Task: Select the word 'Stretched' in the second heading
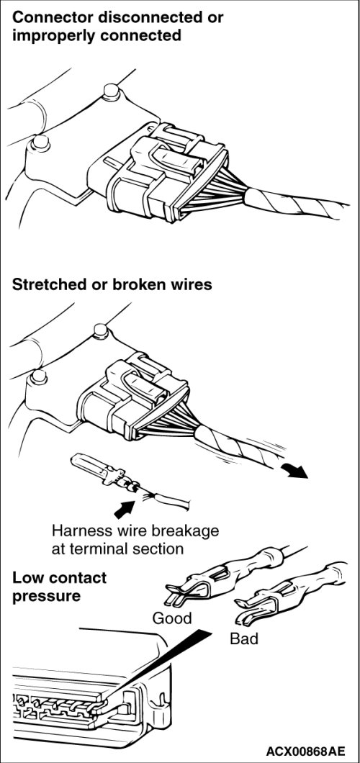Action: click(50, 284)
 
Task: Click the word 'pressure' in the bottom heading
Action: click(46, 596)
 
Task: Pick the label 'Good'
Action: click(172, 618)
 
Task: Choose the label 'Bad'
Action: click(244, 638)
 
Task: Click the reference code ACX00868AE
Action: click(305, 749)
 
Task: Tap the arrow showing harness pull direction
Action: click(297, 470)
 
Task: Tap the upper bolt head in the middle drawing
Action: click(101, 331)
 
